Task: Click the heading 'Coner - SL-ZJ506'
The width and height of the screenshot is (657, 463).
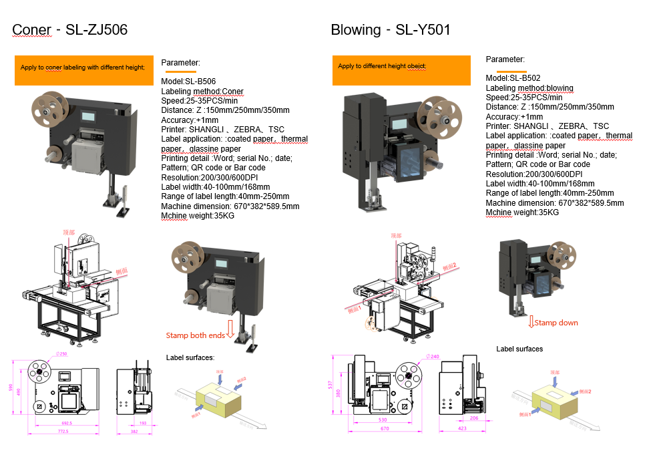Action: pos(70,29)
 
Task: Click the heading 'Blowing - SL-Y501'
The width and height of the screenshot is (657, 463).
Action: pos(391,29)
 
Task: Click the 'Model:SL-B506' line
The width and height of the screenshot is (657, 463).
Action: pos(188,82)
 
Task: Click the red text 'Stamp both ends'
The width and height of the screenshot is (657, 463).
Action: pos(196,335)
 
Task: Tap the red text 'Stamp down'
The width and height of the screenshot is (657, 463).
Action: pos(556,323)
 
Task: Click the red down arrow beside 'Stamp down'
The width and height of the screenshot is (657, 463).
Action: pos(531,323)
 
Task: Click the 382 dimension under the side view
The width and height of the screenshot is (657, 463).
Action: pos(134,432)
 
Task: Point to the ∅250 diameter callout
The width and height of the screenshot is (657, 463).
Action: pos(61,353)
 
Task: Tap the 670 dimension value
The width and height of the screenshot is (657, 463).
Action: pos(385,428)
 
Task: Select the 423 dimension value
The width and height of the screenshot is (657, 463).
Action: pos(463,428)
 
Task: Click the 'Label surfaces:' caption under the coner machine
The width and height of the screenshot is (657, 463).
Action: pos(190,358)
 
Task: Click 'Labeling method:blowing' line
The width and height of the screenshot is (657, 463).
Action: pos(529,88)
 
